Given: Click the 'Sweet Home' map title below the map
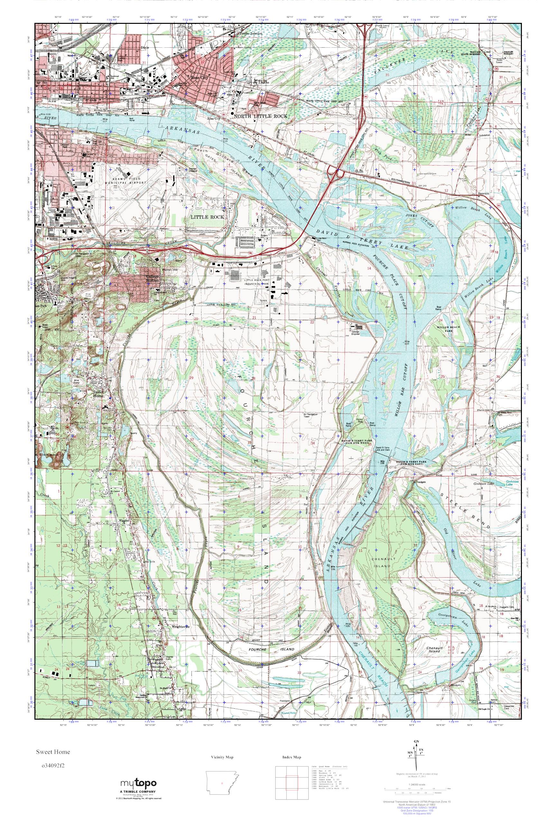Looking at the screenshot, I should click(52, 751).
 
